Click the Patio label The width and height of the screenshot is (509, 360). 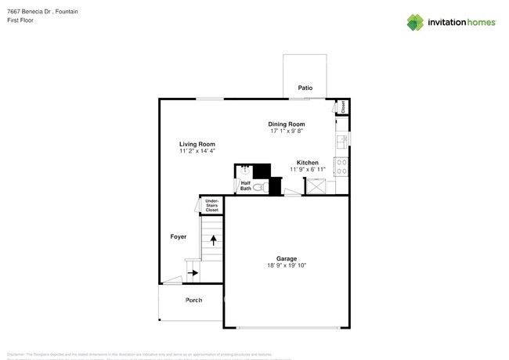305,88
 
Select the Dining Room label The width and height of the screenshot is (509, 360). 287,124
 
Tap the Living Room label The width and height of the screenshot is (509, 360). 197,144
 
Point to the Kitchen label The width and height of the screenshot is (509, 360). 307,163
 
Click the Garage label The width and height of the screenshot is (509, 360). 286,258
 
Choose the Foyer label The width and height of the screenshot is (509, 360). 179,236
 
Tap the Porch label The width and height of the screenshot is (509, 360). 193,301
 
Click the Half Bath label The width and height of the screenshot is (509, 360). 246,186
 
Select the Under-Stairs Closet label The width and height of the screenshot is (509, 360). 212,206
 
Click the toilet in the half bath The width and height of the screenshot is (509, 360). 261,187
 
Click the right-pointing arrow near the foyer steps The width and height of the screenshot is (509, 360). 193,273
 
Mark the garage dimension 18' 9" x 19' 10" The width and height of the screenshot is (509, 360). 286,265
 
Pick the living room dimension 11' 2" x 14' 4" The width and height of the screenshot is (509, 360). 197,151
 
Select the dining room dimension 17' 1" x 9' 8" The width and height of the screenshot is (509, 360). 287,131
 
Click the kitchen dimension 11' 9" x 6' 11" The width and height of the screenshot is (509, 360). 307,170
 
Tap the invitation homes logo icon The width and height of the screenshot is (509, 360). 415,22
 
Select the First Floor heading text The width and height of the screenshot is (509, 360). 19,20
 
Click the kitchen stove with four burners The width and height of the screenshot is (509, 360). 341,166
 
